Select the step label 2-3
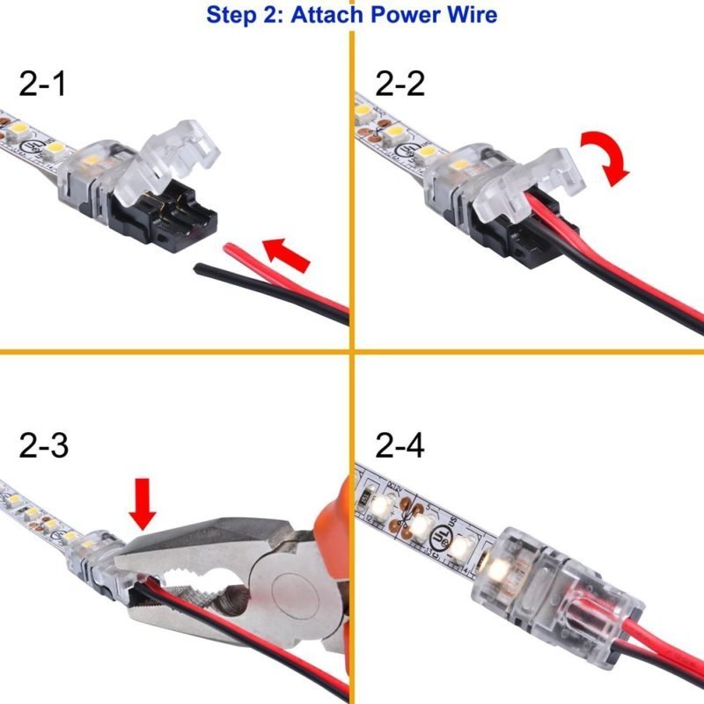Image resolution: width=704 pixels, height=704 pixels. [43, 448]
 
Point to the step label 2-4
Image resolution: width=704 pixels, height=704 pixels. [400, 448]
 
